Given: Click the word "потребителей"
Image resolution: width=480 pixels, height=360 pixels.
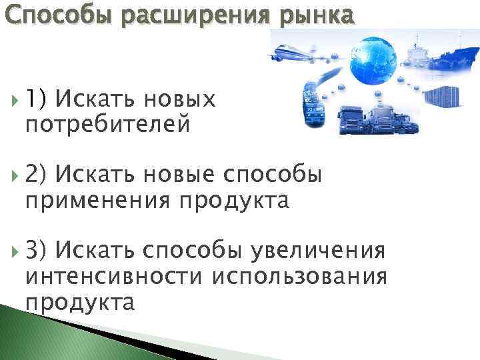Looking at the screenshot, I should [x=108, y=124].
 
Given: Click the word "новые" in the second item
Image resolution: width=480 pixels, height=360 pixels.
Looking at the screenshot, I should [x=179, y=175].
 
